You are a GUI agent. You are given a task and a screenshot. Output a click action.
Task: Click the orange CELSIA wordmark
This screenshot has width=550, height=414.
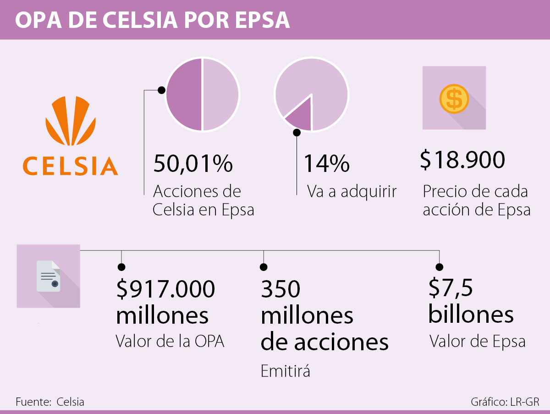(x=71, y=166)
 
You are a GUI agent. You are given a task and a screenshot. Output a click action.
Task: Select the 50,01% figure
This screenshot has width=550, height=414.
(x=193, y=164)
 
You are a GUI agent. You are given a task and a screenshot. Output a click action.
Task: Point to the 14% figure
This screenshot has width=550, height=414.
(x=326, y=164)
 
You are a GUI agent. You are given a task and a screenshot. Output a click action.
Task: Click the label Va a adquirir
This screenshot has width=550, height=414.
(x=352, y=191)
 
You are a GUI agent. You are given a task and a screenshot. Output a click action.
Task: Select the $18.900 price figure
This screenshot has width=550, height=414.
(x=462, y=160)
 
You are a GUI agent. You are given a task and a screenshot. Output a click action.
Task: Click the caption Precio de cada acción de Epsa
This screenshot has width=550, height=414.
(x=476, y=200)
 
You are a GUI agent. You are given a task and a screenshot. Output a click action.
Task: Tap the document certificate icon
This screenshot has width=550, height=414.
(x=49, y=276)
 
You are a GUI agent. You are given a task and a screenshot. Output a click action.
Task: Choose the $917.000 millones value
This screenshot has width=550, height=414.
(x=165, y=302)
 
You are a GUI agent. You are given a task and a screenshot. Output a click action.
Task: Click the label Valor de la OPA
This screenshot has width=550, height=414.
(x=170, y=341)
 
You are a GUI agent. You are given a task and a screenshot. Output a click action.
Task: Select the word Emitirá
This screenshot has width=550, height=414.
(x=285, y=370)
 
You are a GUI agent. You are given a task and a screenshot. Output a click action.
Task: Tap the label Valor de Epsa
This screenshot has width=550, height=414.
(x=477, y=341)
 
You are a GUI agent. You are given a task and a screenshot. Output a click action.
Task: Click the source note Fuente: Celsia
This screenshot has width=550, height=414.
(x=50, y=402)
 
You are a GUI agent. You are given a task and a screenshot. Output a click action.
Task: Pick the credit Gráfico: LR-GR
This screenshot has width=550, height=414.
(x=505, y=402)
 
